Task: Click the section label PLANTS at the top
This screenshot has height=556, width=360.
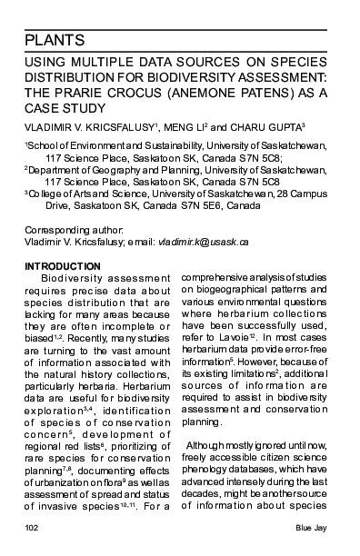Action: [55, 40]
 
